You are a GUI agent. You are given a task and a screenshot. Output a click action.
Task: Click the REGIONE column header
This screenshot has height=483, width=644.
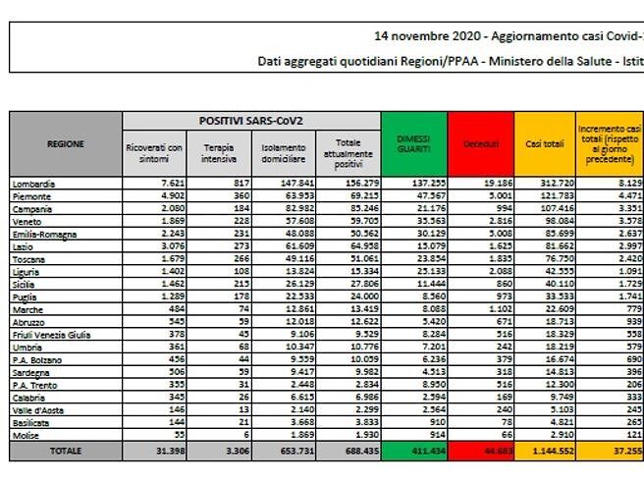click(65, 144)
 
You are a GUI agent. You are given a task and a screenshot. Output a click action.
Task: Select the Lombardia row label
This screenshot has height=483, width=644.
click(34, 184)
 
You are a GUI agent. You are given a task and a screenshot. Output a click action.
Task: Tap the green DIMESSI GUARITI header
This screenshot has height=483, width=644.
click(413, 144)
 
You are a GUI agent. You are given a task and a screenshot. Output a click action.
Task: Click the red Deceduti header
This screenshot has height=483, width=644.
click(479, 142)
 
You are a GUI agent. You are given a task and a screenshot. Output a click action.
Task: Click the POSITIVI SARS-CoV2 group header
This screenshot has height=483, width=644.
click(251, 120)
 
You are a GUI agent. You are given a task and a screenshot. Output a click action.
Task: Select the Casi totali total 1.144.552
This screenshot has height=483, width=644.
click(545, 451)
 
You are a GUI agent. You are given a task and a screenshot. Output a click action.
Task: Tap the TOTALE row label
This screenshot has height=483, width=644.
click(65, 451)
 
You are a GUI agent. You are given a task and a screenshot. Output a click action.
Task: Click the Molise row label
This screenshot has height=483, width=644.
click(27, 433)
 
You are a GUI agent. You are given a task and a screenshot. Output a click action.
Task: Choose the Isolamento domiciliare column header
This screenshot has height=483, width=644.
click(284, 153)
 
